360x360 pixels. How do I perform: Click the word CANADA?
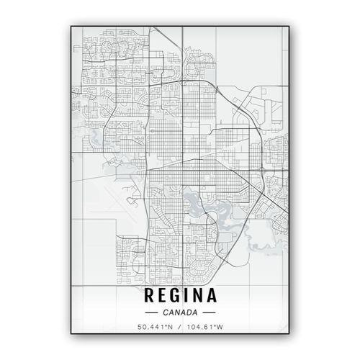point(180,313)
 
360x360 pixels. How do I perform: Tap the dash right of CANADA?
point(209,313)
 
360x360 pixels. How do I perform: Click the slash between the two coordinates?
point(180,329)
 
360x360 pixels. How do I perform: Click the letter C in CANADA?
point(166,313)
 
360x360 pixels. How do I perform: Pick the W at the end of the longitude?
point(220,329)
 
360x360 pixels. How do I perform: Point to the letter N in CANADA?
point(177,313)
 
